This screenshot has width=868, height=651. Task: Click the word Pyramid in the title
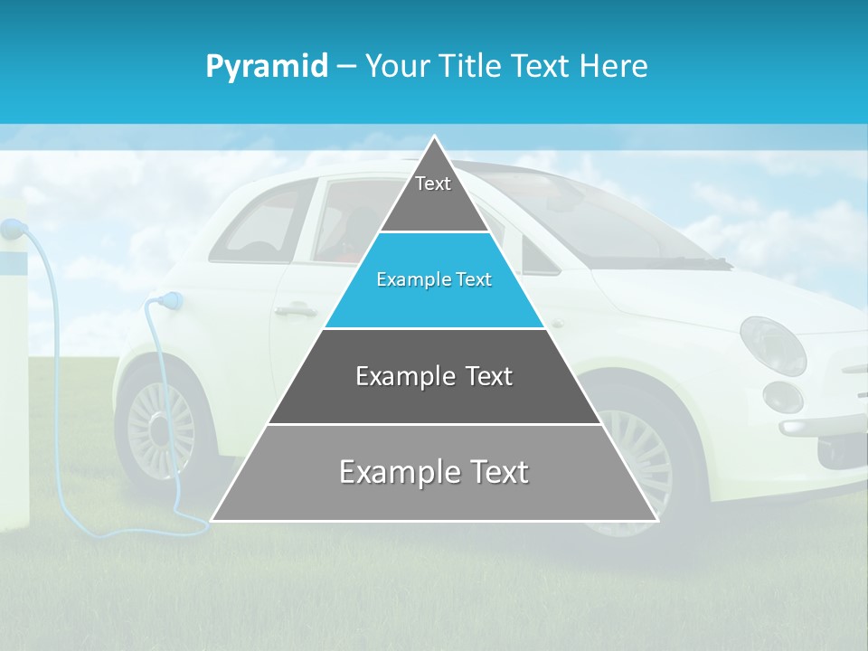[x=267, y=67]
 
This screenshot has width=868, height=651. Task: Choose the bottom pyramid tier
[x=434, y=479]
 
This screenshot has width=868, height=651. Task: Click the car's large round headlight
[x=772, y=345]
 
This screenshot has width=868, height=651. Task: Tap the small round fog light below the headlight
[x=782, y=396]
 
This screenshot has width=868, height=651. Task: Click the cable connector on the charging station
[x=12, y=230]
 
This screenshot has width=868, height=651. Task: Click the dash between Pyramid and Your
[x=346, y=67]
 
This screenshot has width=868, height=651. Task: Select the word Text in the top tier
[x=433, y=184]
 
